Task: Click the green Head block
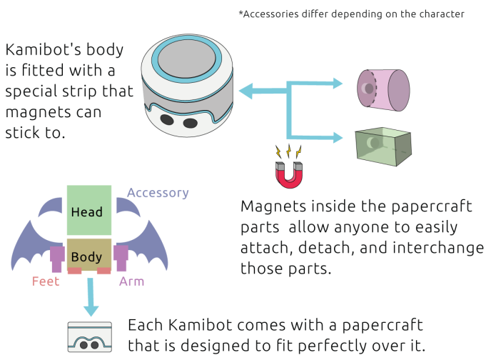pyautogui.click(x=88, y=211)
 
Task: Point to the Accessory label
pyautogui.click(x=158, y=193)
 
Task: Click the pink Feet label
pyautogui.click(x=46, y=281)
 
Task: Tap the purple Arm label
pyautogui.click(x=132, y=281)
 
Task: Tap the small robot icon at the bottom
pyautogui.click(x=90, y=338)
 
